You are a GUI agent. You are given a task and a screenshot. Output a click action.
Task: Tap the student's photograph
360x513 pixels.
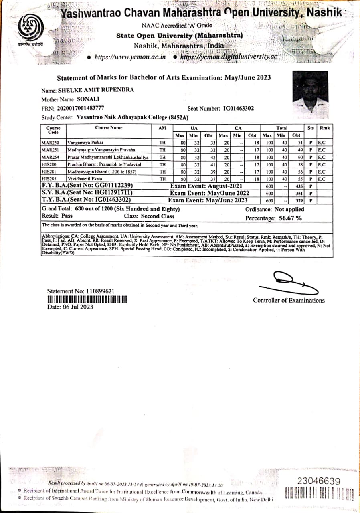(312, 93)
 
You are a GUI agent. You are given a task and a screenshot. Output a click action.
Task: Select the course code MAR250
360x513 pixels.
(51, 142)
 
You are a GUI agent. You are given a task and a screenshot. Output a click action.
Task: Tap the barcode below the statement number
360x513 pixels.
(87, 299)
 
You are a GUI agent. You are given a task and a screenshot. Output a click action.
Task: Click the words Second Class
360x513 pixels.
(158, 216)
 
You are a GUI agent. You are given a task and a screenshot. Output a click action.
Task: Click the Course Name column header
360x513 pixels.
(109, 128)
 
